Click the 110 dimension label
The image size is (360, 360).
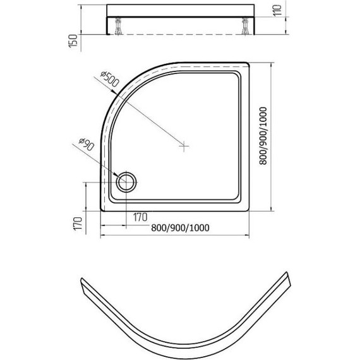pos(277,10)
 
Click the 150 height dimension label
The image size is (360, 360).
pos(73,41)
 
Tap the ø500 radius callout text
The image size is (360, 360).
pos(110,78)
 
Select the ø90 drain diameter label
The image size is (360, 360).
pos(87,144)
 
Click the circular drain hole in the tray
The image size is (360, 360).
pos(126,182)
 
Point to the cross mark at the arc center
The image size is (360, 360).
pos(184,146)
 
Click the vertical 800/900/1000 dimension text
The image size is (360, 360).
pos(263,136)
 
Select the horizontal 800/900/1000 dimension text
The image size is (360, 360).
pos(180,228)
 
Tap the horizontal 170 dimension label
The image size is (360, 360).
pos(140,217)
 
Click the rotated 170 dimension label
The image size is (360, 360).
pos(78,224)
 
